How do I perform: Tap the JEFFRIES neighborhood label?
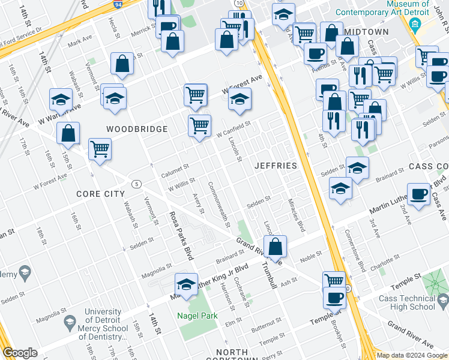[x=276, y=166]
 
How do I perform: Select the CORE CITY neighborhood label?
[x=100, y=194]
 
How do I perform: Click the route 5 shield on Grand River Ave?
[x=137, y=184]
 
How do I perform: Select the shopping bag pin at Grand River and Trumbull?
[x=275, y=247]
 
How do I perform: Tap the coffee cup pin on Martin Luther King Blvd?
[x=418, y=194]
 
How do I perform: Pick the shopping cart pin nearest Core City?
[x=100, y=149]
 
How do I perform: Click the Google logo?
[x=20, y=353]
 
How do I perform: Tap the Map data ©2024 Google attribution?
[x=412, y=355]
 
